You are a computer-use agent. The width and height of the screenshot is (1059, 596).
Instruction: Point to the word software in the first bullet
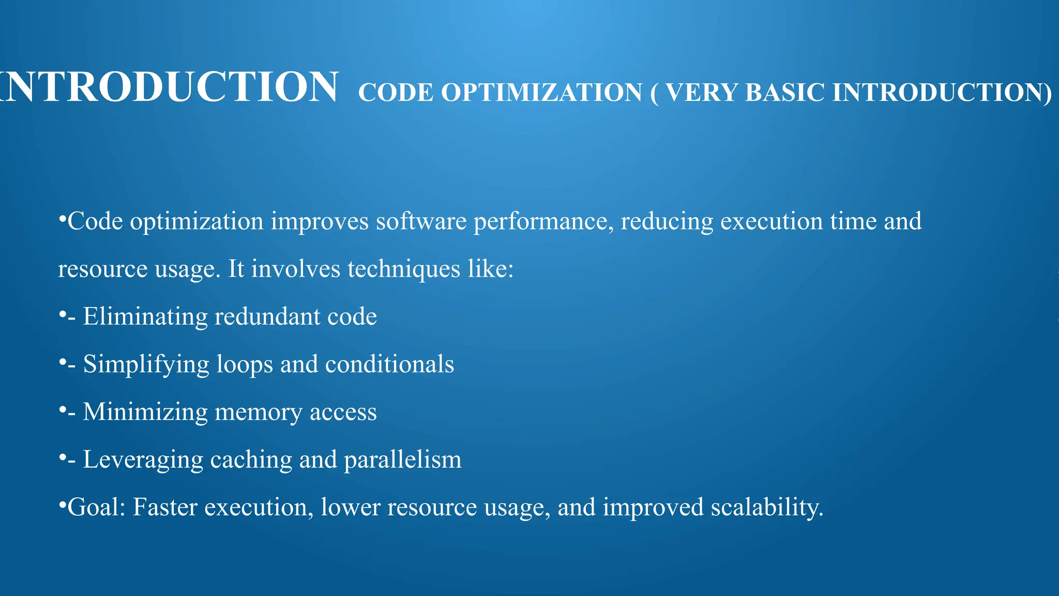pyautogui.click(x=421, y=221)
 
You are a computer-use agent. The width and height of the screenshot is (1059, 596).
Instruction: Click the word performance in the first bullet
pyautogui.click(x=543, y=221)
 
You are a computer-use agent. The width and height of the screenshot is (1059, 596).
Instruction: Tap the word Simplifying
pyautogui.click(x=146, y=364)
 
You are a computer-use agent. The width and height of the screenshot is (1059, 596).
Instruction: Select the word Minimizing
pyautogui.click(x=145, y=412)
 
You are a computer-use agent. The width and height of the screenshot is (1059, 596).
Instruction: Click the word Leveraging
pyautogui.click(x=143, y=460)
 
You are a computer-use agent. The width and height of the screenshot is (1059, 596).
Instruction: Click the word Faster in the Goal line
pyautogui.click(x=165, y=507)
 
